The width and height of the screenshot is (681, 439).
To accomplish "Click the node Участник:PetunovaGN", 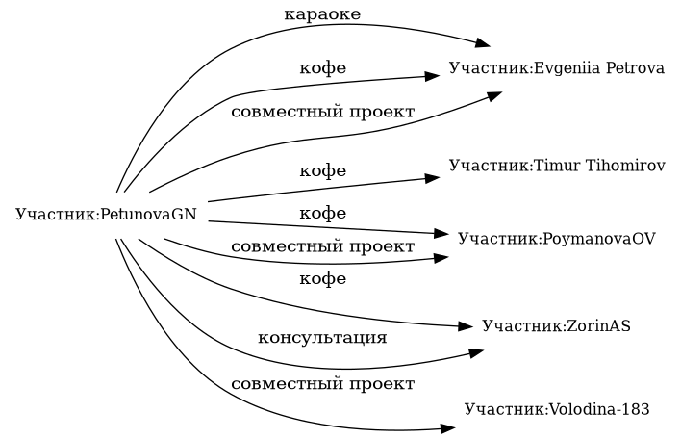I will pyautogui.click(x=107, y=213).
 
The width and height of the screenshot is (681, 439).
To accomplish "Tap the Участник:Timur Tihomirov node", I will pyautogui.click(x=557, y=166).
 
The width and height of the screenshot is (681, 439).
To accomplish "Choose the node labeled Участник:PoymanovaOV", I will pyautogui.click(x=557, y=238).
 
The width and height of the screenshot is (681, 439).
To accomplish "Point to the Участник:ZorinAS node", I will pyautogui.click(x=557, y=326).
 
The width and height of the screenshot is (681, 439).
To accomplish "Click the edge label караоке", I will pyautogui.click(x=322, y=14).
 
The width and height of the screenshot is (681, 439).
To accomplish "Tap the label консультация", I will pyautogui.click(x=322, y=338).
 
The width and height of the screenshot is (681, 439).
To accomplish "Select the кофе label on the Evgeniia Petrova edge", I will pyautogui.click(x=322, y=69).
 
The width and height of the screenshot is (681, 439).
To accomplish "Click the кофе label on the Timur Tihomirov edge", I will pyautogui.click(x=322, y=171).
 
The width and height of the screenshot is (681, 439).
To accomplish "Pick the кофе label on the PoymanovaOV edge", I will pyautogui.click(x=322, y=213).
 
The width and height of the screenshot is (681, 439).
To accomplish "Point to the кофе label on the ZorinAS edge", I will pyautogui.click(x=322, y=279).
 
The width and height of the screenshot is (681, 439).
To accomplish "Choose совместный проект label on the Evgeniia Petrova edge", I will pyautogui.click(x=322, y=112).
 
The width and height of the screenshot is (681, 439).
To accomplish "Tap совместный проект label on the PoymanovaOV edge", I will pyautogui.click(x=322, y=247).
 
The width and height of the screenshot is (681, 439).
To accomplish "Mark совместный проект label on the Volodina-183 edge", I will pyautogui.click(x=322, y=384).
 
